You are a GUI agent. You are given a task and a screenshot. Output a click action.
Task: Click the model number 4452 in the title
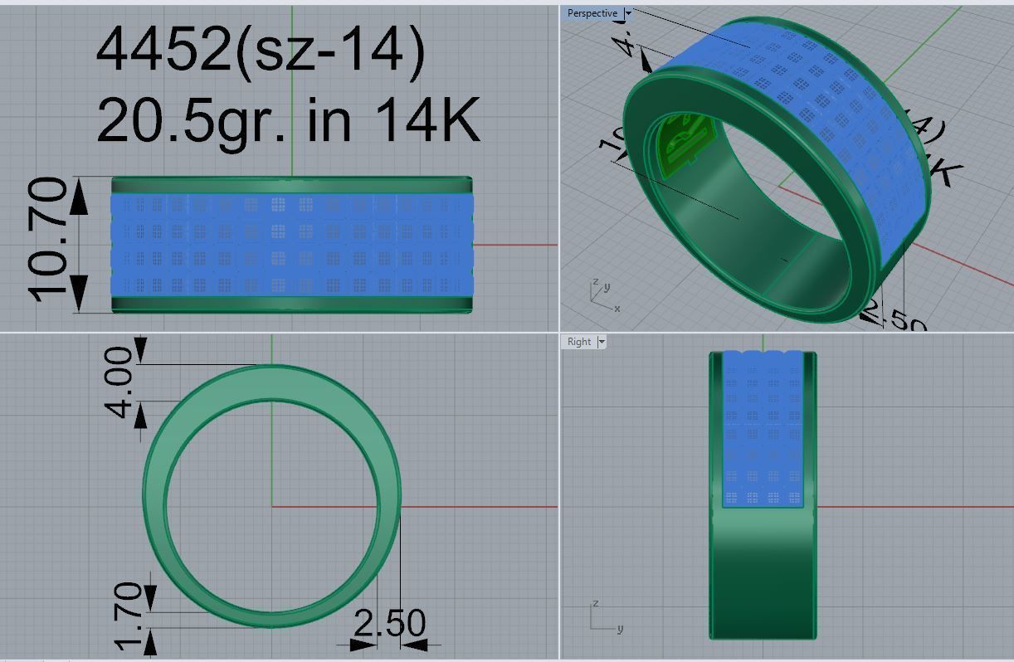(163, 50)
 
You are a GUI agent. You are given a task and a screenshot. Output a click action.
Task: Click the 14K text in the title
(427, 120)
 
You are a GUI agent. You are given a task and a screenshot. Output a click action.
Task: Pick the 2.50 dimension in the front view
(389, 623)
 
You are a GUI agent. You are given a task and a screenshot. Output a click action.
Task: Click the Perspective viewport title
(592, 13)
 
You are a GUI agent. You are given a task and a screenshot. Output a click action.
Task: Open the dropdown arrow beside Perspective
(629, 13)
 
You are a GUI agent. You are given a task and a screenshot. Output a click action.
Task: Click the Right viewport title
(579, 342)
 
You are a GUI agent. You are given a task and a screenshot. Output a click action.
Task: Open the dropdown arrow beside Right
(602, 342)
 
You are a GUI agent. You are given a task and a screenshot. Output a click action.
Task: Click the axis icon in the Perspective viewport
(602, 295)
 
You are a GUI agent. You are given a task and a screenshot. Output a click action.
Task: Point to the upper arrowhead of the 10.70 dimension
(79, 197)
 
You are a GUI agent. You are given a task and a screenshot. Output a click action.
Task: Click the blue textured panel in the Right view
(763, 431)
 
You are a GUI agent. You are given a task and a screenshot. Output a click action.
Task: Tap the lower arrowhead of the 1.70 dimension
(150, 639)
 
